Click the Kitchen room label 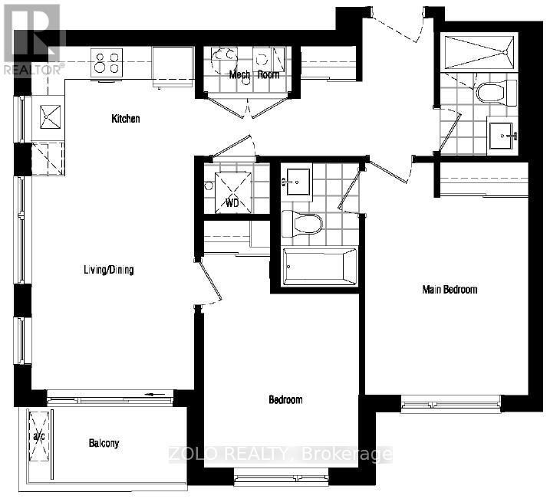[126, 119]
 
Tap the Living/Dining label [109, 270]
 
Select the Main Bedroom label [450, 289]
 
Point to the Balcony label [104, 443]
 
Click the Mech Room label [254, 75]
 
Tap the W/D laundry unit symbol [232, 191]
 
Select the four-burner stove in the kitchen [108, 62]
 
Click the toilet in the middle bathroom [301, 224]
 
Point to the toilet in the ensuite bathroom [490, 94]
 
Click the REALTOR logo [31, 38]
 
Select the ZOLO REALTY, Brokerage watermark [279, 454]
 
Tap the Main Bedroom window [450, 402]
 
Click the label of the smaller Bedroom [285, 399]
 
